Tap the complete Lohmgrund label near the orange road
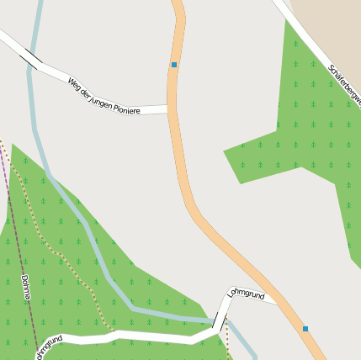click(246, 294)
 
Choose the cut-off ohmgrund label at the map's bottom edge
click(49, 347)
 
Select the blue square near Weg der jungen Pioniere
click(174, 65)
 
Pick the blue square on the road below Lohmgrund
click(305, 328)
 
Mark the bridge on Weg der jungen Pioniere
click(33, 58)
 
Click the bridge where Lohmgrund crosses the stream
click(219, 322)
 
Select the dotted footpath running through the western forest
click(42, 227)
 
